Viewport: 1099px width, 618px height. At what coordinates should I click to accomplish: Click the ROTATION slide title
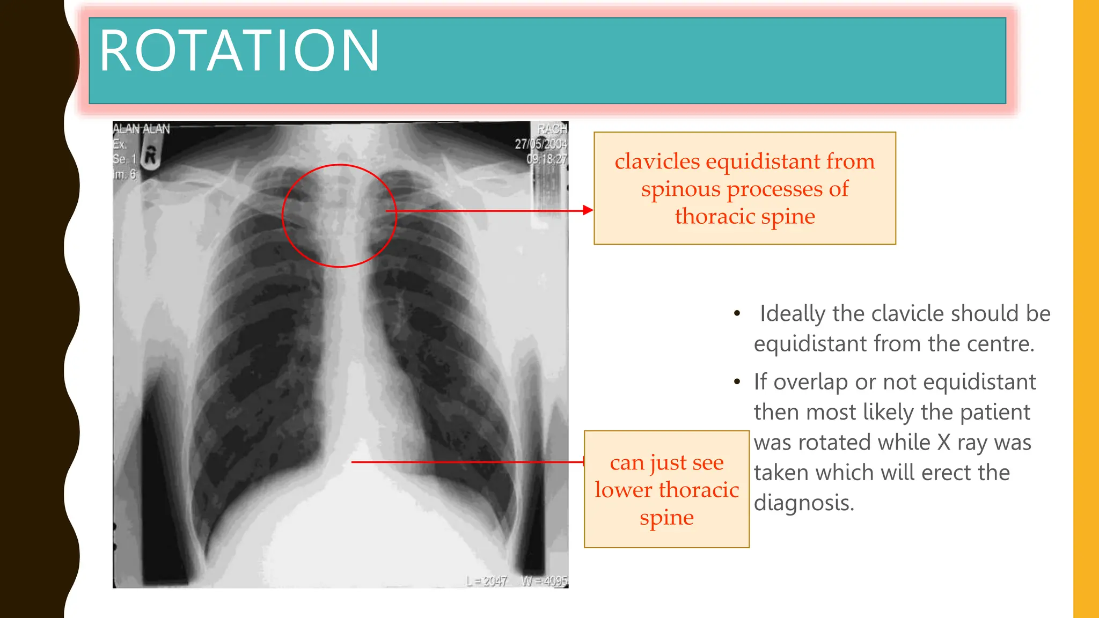[x=239, y=51]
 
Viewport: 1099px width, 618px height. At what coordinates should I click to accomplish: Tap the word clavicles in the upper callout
[x=657, y=161]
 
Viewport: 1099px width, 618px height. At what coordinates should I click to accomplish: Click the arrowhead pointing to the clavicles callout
[x=588, y=210]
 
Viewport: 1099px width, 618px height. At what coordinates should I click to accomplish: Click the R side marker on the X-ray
[x=151, y=156]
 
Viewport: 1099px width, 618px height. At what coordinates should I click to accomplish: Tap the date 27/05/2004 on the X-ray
[x=540, y=144]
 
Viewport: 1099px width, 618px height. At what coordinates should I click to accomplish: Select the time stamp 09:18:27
[x=546, y=159]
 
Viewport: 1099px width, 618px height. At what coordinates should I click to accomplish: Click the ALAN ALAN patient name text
[x=141, y=129]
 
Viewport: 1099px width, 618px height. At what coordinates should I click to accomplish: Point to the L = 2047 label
[x=486, y=581]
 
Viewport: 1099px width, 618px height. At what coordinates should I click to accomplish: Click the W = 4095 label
[x=544, y=581]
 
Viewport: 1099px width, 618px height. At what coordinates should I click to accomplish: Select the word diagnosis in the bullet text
[x=803, y=503]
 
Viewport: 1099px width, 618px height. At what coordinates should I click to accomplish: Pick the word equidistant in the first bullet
[x=810, y=344]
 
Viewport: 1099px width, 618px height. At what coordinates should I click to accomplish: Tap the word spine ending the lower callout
[x=666, y=518]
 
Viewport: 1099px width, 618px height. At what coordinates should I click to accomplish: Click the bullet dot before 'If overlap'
[x=737, y=382]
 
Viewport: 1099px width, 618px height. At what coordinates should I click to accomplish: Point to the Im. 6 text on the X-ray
[x=124, y=174]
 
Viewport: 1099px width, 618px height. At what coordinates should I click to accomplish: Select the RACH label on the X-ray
[x=552, y=129]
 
